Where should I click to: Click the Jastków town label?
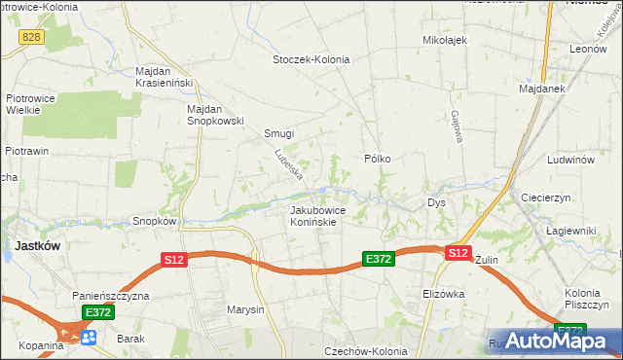coord(38,246)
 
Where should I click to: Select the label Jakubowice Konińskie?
coord(313,215)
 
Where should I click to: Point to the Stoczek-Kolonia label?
coord(310,59)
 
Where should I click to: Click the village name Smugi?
coord(278,133)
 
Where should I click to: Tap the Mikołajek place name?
coord(446,40)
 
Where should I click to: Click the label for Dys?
coord(436,203)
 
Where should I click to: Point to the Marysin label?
coord(244,310)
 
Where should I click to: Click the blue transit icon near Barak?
coord(89,337)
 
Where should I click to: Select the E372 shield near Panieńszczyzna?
coord(98,312)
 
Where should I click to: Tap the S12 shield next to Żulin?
coord(458,253)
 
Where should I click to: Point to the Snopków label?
coord(154,221)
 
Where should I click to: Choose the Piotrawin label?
coord(26,152)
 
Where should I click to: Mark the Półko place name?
coord(377,159)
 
